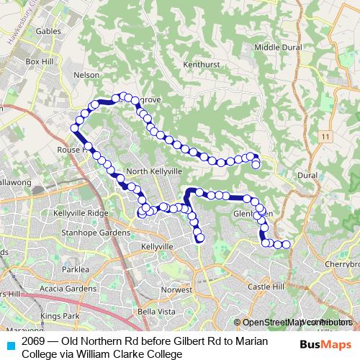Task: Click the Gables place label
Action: [49, 32]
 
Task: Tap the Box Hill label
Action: [40, 62]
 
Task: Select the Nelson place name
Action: [86, 74]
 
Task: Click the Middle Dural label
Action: [276, 48]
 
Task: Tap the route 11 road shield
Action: [326, 136]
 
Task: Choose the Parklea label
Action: [75, 269]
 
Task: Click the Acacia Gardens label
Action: [70, 288]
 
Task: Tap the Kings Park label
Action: [60, 316]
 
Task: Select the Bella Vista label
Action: [156, 311]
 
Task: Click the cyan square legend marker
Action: [9, 346]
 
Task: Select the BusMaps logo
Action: [325, 345]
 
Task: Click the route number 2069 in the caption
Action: [33, 341]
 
